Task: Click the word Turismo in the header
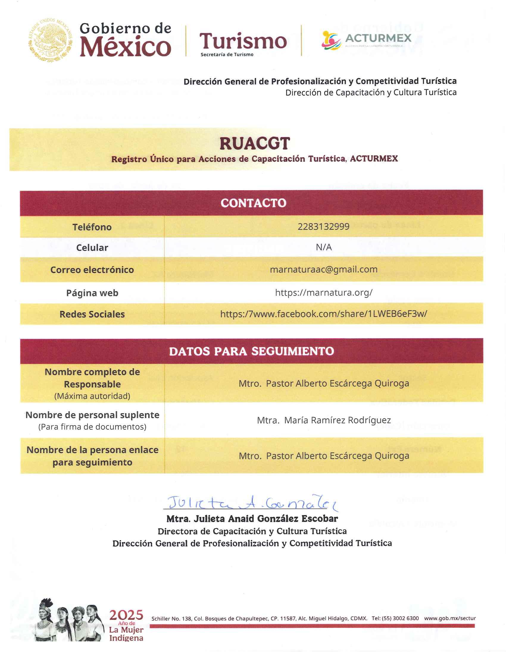tap(243, 41)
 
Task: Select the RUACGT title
tap(254, 144)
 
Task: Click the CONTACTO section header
tap(253, 203)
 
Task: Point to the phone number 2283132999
tap(324, 227)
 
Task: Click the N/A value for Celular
tap(324, 247)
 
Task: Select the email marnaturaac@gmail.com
tap(324, 270)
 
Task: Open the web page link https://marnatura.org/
tap(324, 292)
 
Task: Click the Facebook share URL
tap(324, 314)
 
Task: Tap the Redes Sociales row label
tap(92, 314)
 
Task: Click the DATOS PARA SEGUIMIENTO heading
tap(252, 351)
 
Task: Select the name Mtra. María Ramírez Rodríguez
tap(324, 420)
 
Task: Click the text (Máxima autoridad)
tap(92, 396)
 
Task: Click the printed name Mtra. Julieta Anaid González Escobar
tap(252, 519)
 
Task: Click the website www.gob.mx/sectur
tap(450, 618)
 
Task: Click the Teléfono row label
tap(92, 227)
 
